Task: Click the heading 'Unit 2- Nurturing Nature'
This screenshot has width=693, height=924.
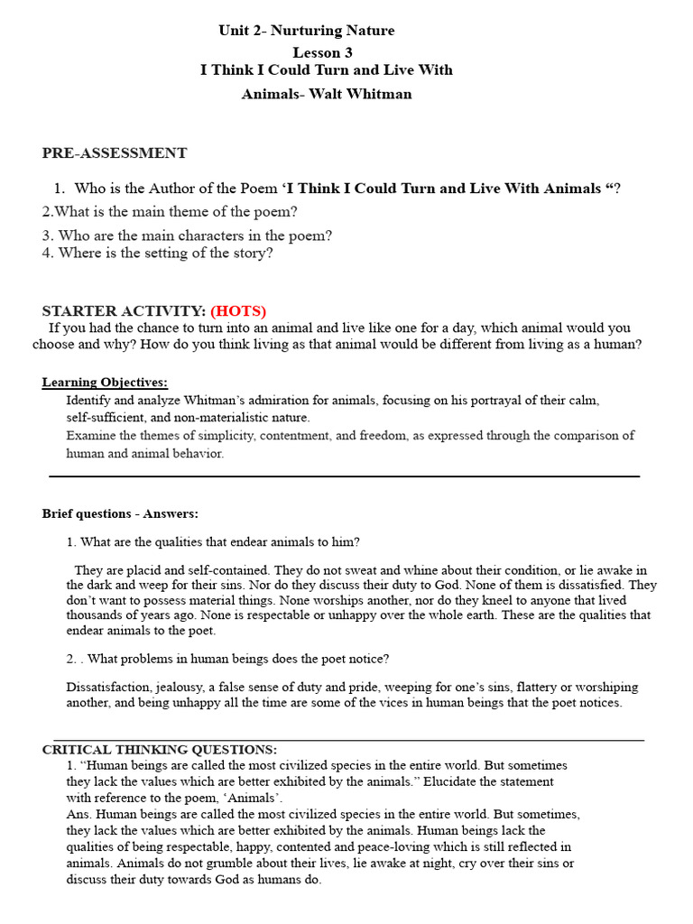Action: pyautogui.click(x=306, y=31)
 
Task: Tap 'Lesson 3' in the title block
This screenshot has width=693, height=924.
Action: pyautogui.click(x=322, y=52)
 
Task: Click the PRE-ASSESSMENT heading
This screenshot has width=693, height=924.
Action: pyautogui.click(x=115, y=153)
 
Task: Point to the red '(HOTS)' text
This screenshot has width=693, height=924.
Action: pyautogui.click(x=238, y=311)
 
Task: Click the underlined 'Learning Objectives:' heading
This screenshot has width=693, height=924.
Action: pyautogui.click(x=105, y=383)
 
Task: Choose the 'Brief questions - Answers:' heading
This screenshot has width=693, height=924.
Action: pyautogui.click(x=120, y=513)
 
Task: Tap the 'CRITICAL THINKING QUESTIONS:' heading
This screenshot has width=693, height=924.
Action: pyautogui.click(x=160, y=750)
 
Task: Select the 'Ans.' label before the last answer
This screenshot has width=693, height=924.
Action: pyautogui.click(x=78, y=814)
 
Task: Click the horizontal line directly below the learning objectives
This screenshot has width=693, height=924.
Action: pyautogui.click(x=344, y=476)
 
